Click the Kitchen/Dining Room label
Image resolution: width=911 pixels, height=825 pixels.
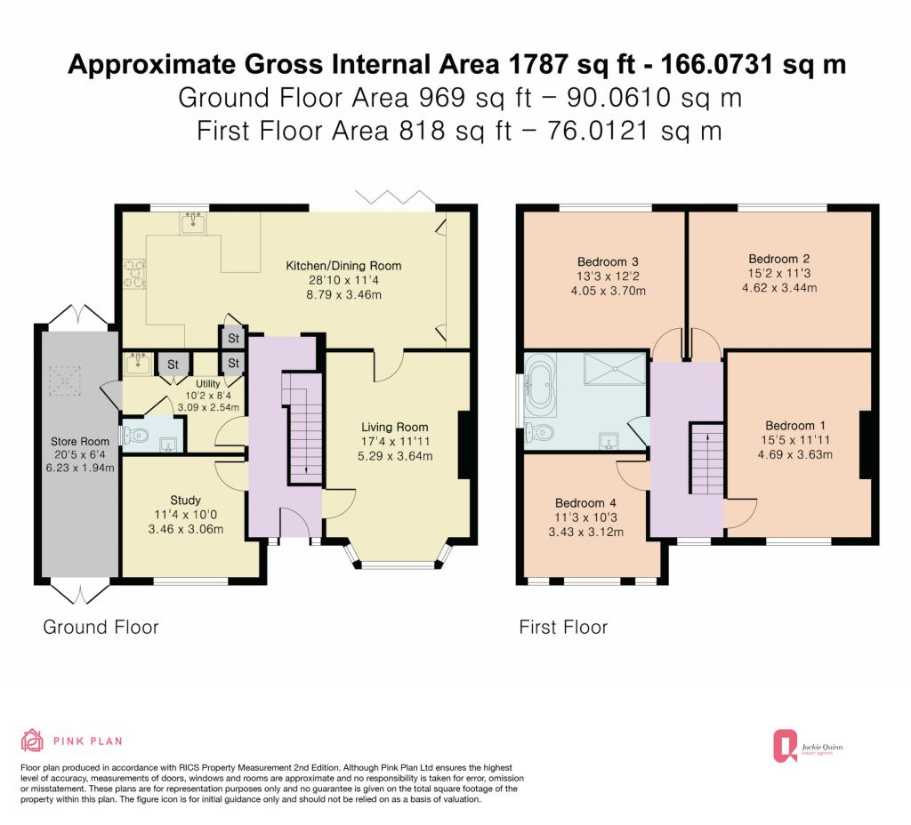coord(343,266)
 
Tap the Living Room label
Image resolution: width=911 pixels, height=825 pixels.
coord(394,428)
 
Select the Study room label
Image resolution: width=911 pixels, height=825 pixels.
coord(185,501)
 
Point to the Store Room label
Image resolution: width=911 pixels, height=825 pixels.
coord(79,442)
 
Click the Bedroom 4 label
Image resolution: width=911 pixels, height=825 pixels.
coord(585,503)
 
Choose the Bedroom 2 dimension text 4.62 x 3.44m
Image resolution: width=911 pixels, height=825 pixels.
coord(779,288)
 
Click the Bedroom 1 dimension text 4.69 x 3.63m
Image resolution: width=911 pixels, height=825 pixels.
coord(794,454)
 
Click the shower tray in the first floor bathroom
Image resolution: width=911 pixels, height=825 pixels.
coord(615,369)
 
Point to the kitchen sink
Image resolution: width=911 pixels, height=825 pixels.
coord(192,222)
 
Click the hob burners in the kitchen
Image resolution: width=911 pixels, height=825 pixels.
coord(134,274)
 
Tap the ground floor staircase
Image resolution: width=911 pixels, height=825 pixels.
coord(302,428)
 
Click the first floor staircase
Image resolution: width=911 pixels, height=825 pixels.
coord(706,459)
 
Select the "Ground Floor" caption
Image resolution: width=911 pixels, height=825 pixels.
coord(101,627)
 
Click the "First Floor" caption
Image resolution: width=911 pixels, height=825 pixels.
coord(563,627)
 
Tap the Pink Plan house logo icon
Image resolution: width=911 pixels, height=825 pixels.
coord(32,741)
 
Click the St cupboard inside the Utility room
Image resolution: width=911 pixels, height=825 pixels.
coord(173,364)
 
